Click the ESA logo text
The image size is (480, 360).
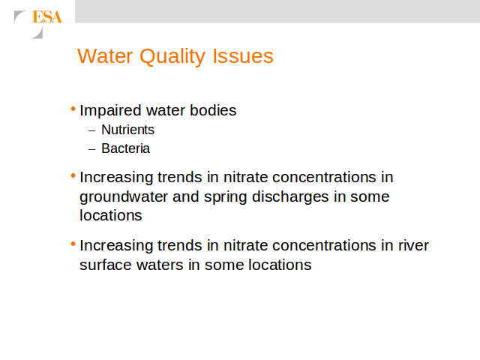pos(47,16)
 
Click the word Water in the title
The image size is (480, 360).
pos(105,56)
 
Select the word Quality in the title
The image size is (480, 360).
pos(172,57)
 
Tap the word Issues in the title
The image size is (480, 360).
pos(243,56)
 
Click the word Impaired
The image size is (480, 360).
pos(110,110)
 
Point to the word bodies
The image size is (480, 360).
pos(213,110)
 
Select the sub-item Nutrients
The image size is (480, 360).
pos(127,130)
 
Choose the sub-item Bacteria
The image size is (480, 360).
pos(125,148)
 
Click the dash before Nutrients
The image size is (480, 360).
pos(91,130)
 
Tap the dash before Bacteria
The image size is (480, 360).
pos(91,150)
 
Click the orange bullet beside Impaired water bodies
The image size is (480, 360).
pos(73,109)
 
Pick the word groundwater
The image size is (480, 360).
pos(124,196)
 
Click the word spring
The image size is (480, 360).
pos(225,196)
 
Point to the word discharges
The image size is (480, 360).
pos(290,196)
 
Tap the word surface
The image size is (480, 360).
pos(106,265)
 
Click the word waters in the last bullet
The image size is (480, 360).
pos(160,265)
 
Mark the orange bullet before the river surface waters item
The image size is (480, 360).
pos(73,244)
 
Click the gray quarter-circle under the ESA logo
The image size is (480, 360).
pos(37,33)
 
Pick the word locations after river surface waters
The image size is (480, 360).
pos(280,265)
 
